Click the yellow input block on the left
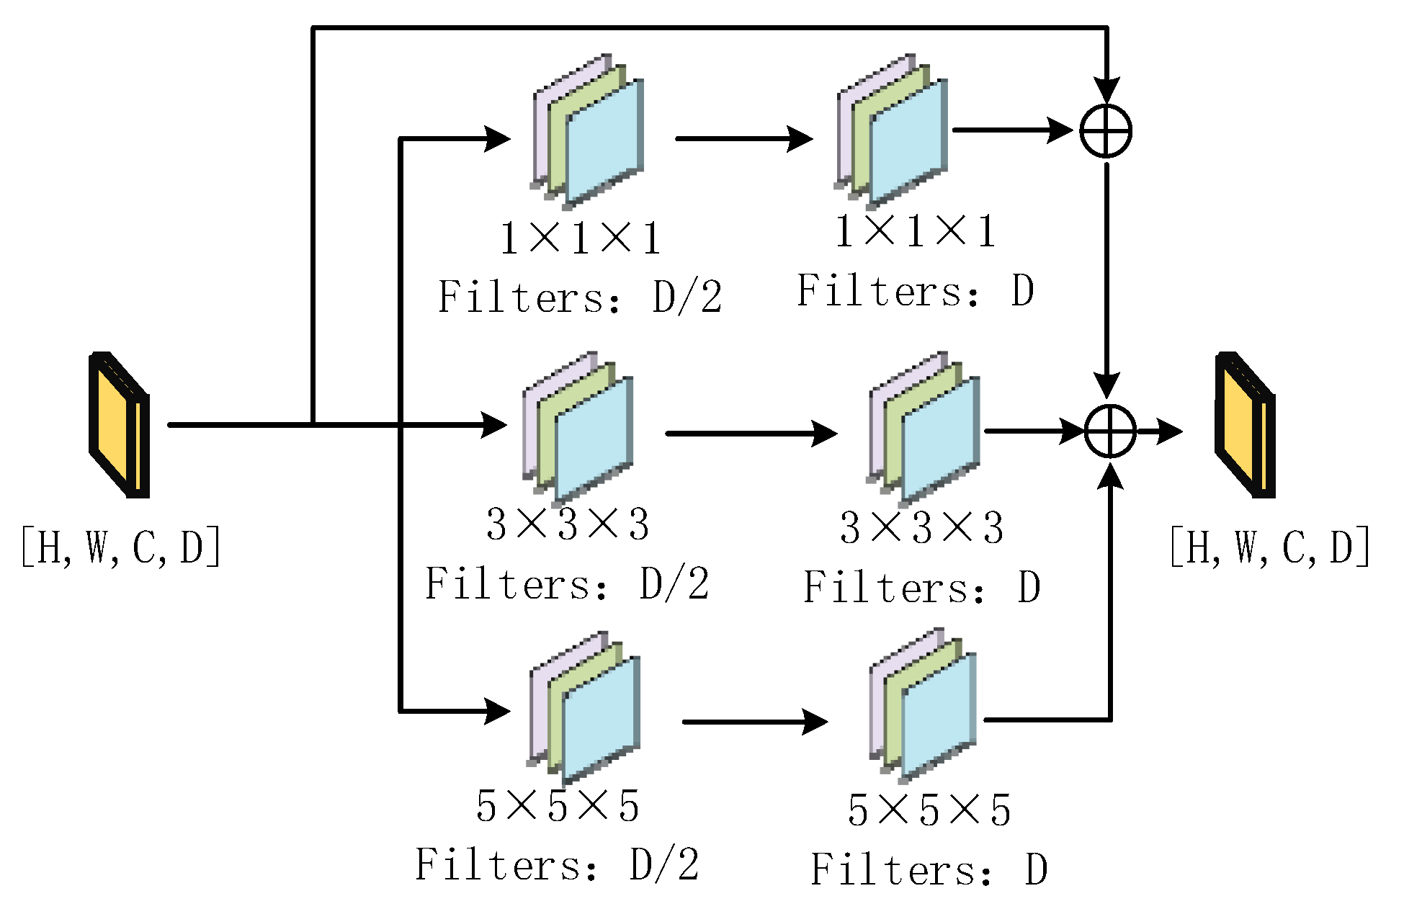119,425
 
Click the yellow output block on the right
1245,425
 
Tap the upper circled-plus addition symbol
1106,131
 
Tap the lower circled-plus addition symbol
1110,431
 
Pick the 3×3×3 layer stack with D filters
924,430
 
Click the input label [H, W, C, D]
121,547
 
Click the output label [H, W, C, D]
1270,547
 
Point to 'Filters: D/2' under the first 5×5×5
557,864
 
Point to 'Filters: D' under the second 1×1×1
915,291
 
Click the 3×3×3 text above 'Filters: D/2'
568,524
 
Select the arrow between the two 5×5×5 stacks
754,721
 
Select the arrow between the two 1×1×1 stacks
743,138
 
